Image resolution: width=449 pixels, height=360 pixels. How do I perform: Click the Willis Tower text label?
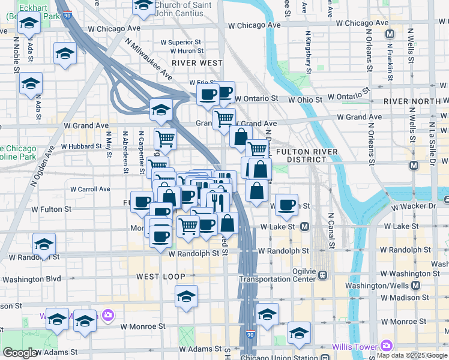pos(355,347)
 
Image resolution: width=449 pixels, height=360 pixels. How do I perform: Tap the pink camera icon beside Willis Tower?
pos(386,346)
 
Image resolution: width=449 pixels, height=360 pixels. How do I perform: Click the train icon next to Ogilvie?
pos(323,275)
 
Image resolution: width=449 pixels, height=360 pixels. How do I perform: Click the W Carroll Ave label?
pos(90,189)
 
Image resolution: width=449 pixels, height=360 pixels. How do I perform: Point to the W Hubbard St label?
pos(81,146)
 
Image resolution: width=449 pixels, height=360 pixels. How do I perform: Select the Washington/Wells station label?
pos(401,285)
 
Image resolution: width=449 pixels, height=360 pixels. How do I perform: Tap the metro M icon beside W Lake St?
pos(304,227)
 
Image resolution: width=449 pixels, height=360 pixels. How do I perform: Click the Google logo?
pos(20,353)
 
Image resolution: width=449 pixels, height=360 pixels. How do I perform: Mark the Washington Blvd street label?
pos(35,279)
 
